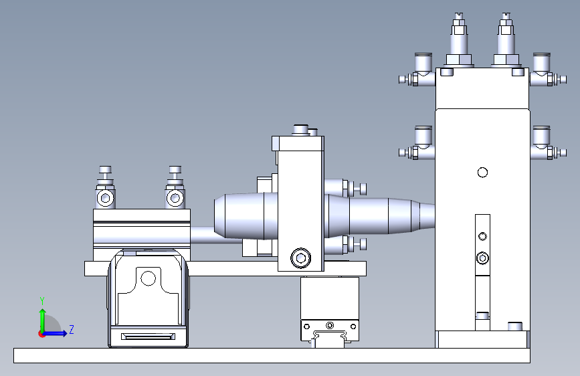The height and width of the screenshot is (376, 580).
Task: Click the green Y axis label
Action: tap(42, 301)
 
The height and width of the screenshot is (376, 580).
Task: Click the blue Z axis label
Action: tap(72, 329)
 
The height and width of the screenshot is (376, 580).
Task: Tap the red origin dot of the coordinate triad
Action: tap(41, 334)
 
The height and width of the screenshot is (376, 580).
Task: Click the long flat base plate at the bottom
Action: tap(272, 355)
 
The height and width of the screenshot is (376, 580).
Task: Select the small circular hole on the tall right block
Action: tap(482, 173)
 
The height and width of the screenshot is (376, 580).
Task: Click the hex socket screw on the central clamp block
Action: tap(301, 258)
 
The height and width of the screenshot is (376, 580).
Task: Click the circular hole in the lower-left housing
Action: tap(149, 278)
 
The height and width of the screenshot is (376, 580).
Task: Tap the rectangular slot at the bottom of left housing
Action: tap(148, 337)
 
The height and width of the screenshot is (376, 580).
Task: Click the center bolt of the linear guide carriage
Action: tap(330, 326)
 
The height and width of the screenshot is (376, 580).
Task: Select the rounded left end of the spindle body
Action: tap(222, 217)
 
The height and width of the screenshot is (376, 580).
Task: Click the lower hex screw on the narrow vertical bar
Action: tap(482, 258)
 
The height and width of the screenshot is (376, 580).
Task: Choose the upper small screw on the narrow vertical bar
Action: tap(482, 236)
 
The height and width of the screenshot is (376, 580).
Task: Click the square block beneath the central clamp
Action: tap(330, 298)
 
